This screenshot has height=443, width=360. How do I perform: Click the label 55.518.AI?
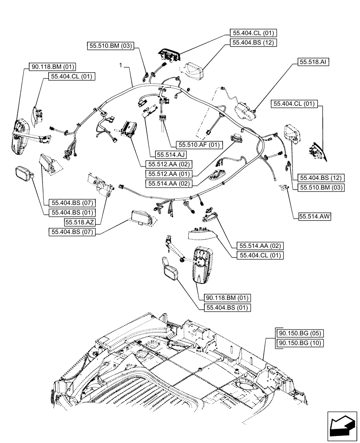point(309,62)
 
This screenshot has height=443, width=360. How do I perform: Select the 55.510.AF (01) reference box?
point(199,145)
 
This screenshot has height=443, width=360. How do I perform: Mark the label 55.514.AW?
point(315,216)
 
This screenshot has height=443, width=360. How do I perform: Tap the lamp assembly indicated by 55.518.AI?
point(247,109)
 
